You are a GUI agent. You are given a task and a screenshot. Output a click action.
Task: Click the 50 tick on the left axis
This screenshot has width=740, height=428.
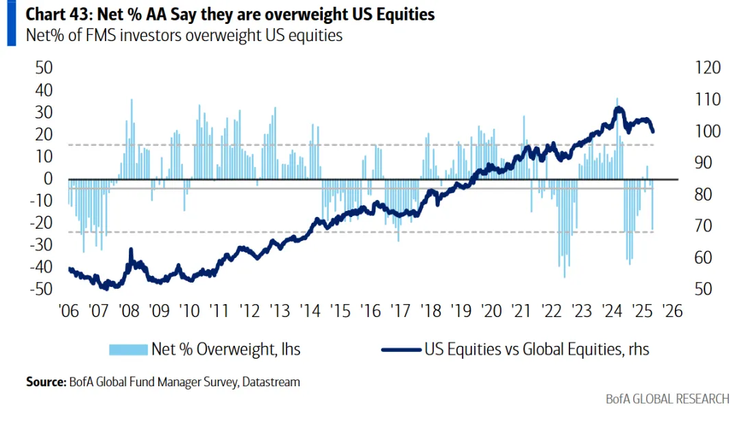click(44, 68)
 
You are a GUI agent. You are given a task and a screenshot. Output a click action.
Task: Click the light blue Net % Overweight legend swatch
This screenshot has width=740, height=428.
click(128, 349)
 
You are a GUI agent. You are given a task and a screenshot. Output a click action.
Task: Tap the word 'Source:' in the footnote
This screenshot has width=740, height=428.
click(45, 382)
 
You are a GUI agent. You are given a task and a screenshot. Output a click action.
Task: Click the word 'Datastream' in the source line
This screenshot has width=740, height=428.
click(269, 382)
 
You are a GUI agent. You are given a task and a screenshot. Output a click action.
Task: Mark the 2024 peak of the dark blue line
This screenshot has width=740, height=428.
click(619, 108)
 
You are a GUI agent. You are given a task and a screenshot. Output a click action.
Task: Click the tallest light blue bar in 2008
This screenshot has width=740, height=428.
click(131, 100)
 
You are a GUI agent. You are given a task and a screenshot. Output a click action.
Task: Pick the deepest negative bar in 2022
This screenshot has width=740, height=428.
click(565, 277)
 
